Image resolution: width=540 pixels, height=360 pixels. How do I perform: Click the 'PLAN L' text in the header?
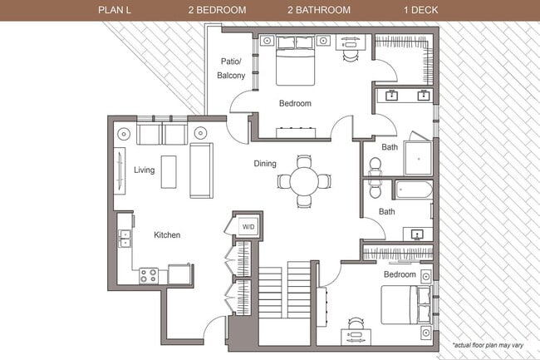[115, 10]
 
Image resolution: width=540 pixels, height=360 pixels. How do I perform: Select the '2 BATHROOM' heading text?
[319, 10]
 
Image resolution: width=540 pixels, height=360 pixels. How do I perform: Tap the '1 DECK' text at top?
[423, 10]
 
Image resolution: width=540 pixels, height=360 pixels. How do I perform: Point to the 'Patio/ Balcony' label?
[232, 68]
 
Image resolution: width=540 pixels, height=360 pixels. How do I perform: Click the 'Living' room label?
[144, 170]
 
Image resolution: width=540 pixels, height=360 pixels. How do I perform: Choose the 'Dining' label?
[265, 164]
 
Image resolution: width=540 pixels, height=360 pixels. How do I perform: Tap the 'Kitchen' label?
[167, 235]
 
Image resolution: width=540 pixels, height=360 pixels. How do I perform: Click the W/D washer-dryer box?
[248, 225]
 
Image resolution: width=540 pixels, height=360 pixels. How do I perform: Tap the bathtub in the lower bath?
[413, 190]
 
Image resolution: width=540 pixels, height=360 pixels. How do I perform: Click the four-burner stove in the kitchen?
[150, 275]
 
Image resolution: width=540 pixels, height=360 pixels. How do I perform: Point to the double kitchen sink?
[125, 239]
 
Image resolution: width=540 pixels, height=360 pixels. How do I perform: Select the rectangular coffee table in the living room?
[169, 170]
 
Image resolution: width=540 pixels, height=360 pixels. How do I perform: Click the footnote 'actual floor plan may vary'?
[491, 344]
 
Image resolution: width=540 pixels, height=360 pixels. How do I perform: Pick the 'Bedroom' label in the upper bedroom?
[294, 104]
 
